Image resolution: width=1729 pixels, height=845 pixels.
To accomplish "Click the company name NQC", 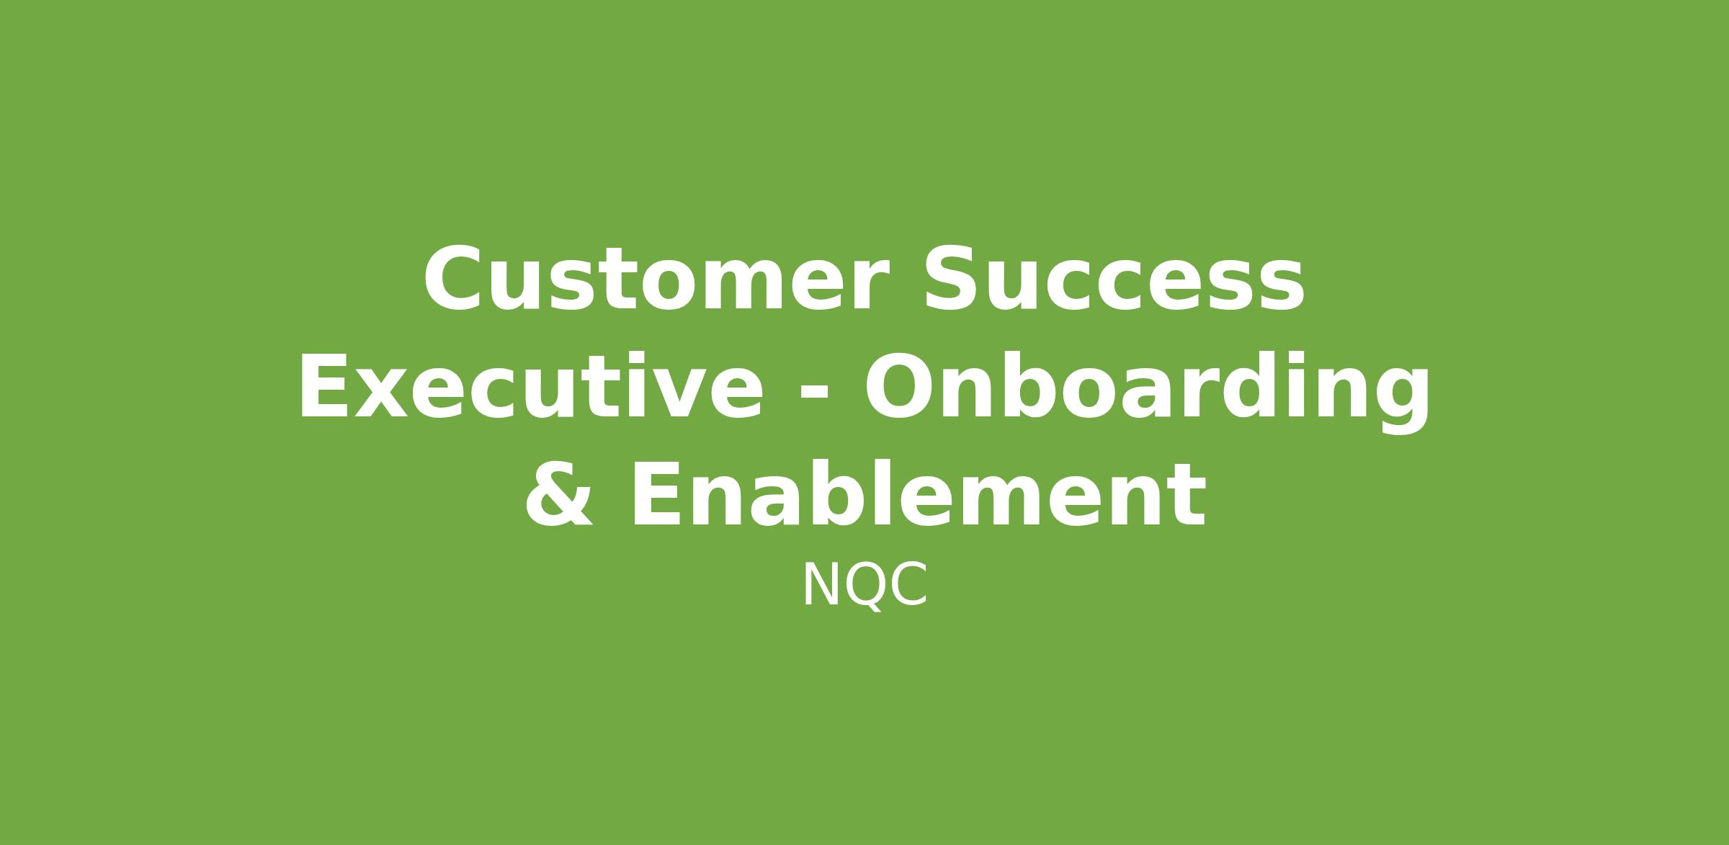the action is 864,586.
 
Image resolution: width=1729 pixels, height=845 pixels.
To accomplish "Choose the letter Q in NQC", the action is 864,587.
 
